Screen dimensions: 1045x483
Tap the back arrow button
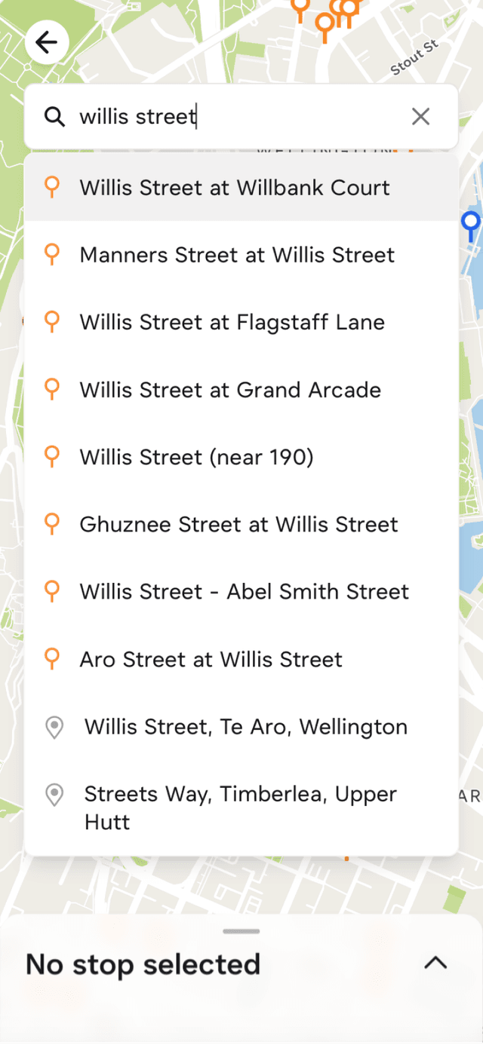click(x=47, y=42)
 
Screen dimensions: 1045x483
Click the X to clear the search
click(x=420, y=116)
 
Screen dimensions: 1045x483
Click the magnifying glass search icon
click(x=54, y=117)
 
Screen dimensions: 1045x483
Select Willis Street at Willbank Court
click(x=235, y=188)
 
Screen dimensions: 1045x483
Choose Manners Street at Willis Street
click(x=237, y=255)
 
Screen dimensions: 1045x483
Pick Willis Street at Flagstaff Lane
click(x=232, y=322)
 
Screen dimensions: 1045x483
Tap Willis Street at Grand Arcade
click(x=230, y=390)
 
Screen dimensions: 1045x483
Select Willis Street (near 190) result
click(x=196, y=457)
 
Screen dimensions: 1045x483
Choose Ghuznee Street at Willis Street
click(x=238, y=524)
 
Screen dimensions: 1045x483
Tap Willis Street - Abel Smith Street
click(x=245, y=591)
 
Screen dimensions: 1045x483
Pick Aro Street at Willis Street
click(x=211, y=659)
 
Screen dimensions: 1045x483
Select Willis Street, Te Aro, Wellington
click(x=246, y=727)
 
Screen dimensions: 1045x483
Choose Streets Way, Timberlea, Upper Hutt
click(x=240, y=807)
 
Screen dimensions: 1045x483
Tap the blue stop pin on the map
click(x=471, y=223)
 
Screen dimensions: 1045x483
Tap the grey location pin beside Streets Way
click(x=54, y=795)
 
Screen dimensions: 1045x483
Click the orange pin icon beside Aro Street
click(x=51, y=658)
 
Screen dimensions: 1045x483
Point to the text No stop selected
click(x=143, y=964)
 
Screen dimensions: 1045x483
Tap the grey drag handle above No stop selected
click(x=241, y=931)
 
